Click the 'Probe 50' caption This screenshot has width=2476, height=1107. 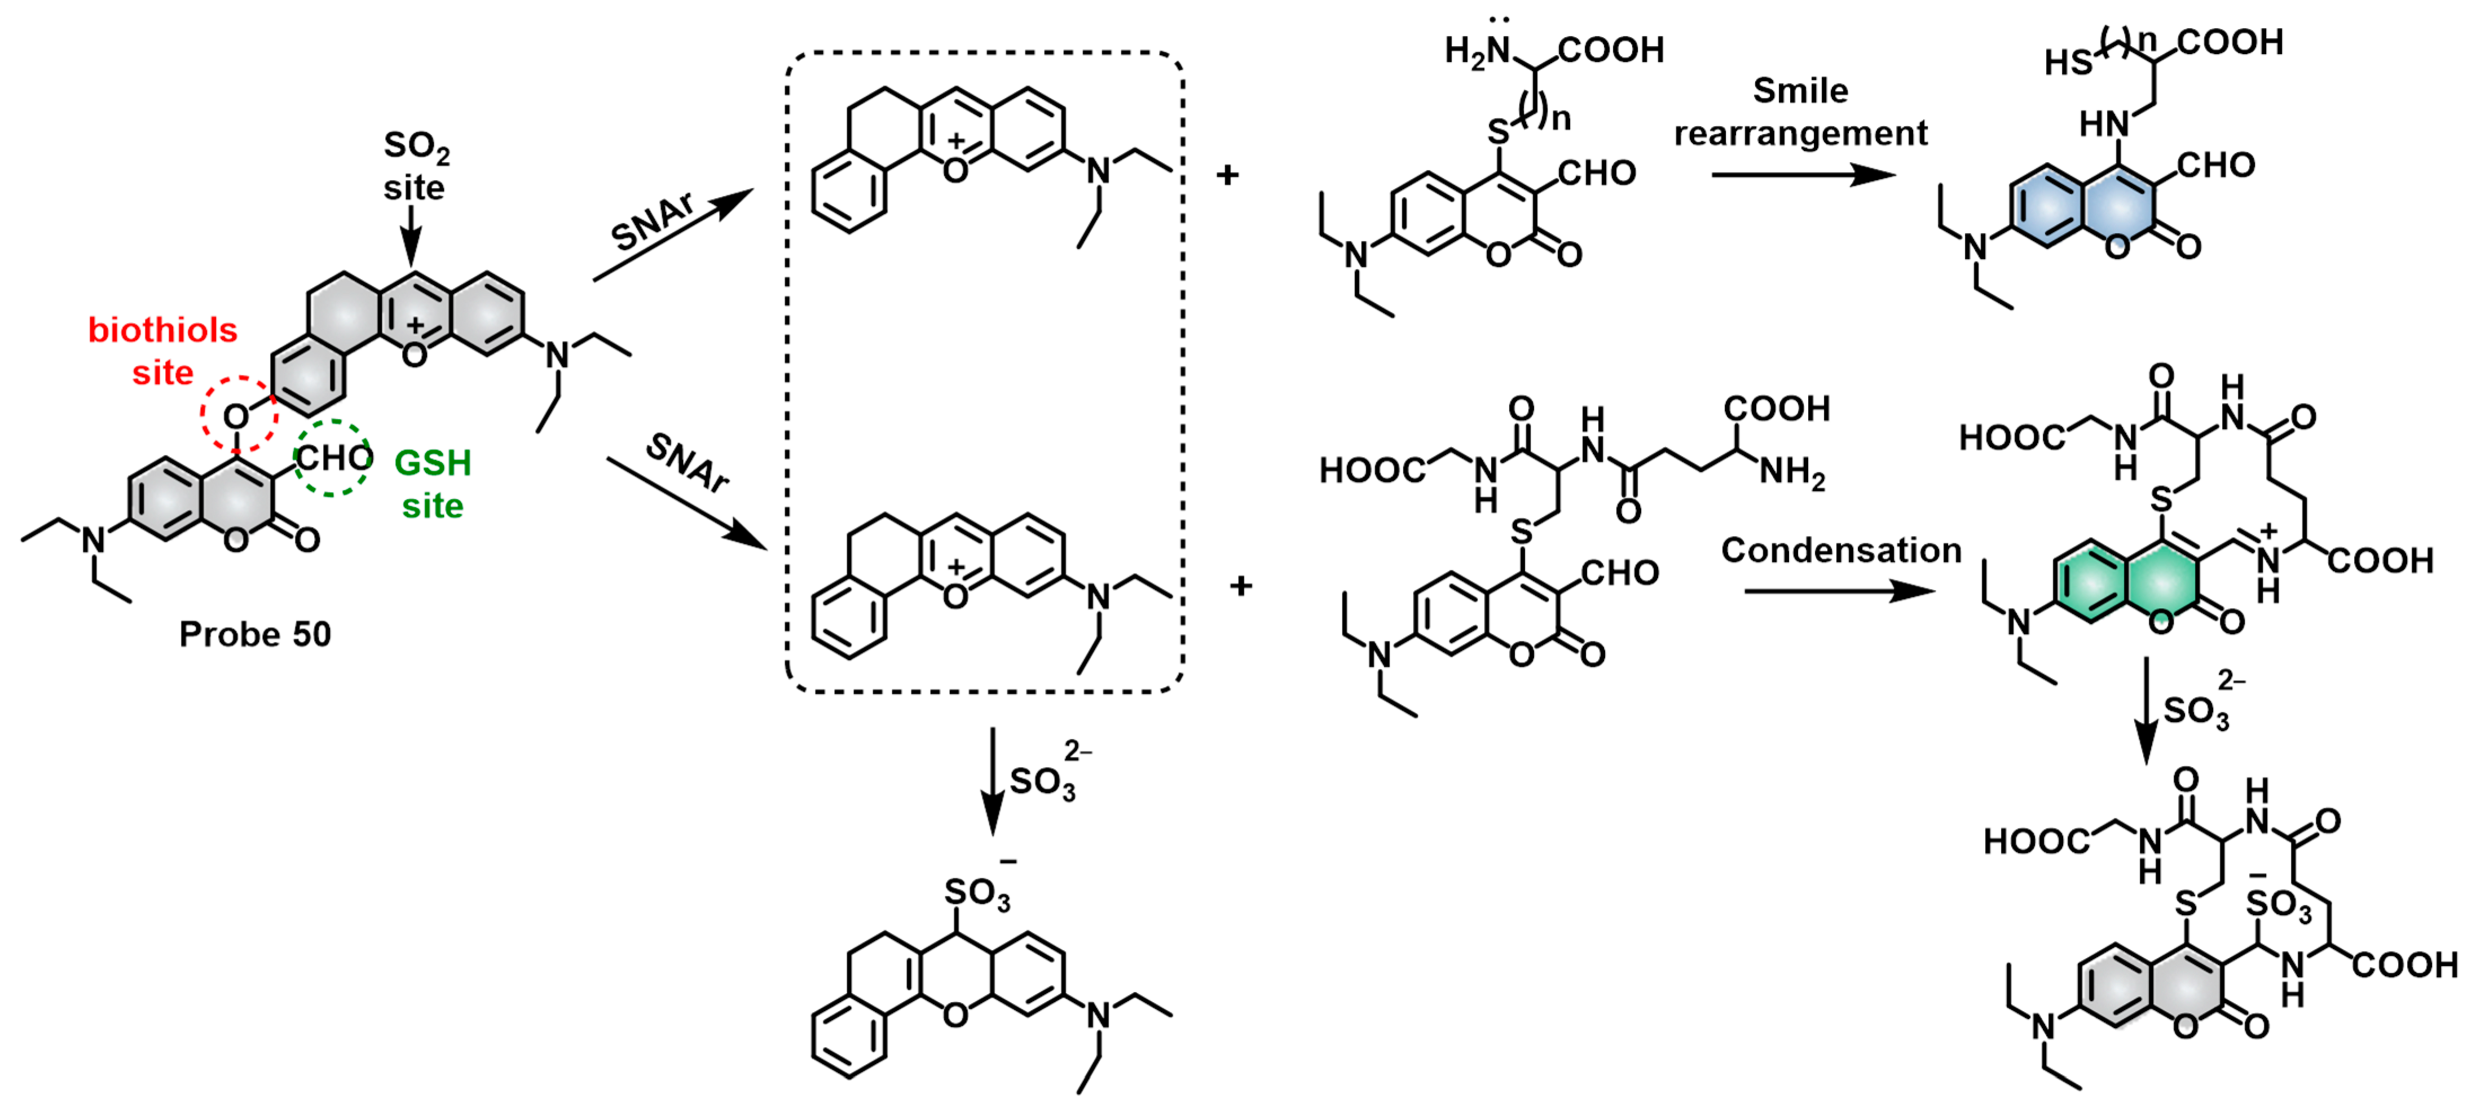[x=255, y=634]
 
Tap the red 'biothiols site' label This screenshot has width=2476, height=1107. [x=162, y=351]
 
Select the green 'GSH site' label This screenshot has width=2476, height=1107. [x=433, y=484]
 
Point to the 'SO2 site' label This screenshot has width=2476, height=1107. [x=415, y=165]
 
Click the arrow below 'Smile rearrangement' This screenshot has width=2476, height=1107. [x=1802, y=175]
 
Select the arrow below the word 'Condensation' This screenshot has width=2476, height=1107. [x=1838, y=591]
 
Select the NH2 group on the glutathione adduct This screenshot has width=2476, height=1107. [x=1792, y=473]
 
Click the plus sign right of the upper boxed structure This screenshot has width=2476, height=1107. [x=1227, y=175]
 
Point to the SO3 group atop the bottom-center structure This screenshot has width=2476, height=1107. [x=976, y=894]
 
